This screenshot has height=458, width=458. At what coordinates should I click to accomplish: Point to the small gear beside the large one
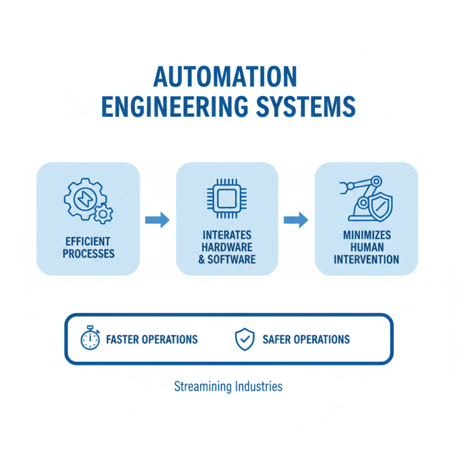(103, 214)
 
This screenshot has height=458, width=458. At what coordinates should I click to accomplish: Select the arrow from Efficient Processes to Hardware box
(157, 219)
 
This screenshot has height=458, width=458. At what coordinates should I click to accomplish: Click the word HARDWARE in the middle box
(227, 247)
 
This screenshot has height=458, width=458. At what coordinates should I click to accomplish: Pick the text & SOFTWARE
(227, 259)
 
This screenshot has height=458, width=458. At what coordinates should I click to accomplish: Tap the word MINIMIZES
(367, 235)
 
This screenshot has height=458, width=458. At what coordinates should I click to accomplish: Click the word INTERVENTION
(367, 259)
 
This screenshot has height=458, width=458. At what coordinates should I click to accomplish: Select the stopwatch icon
(90, 338)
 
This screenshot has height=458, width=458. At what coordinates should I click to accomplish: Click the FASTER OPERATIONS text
(152, 339)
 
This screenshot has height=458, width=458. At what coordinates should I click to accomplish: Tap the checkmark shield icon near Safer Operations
(244, 339)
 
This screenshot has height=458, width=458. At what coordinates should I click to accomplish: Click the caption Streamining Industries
(228, 386)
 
